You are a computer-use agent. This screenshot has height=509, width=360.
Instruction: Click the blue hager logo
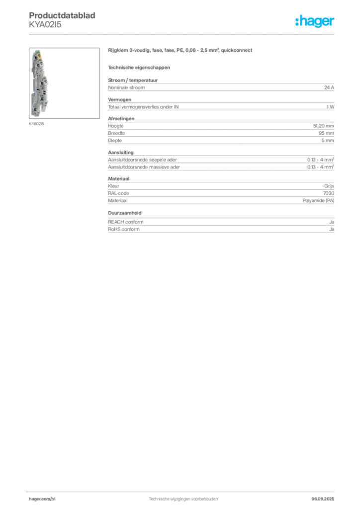(x=315, y=22)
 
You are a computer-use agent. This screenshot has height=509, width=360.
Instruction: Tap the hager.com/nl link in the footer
(x=44, y=498)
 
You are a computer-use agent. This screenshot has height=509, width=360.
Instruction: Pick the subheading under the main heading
(x=139, y=67)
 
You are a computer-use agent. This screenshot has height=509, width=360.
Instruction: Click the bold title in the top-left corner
(x=64, y=14)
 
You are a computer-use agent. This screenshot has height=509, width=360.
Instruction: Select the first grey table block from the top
(x=221, y=87)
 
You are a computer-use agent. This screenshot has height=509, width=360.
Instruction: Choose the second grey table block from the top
(x=221, y=105)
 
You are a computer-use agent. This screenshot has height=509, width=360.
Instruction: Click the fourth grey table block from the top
(x=221, y=161)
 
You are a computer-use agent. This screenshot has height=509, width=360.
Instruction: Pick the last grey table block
(x=221, y=224)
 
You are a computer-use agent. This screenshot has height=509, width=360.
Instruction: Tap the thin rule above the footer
(x=183, y=490)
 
